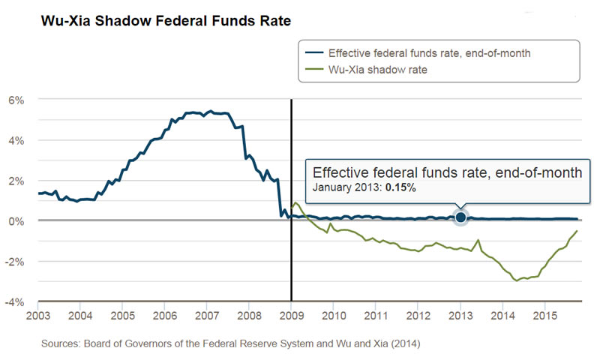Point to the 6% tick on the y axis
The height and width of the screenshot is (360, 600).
click(x=16, y=100)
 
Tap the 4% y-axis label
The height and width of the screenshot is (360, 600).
click(x=16, y=140)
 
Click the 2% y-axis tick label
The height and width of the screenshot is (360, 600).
click(x=16, y=181)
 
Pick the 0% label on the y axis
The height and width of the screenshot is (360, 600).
click(x=16, y=221)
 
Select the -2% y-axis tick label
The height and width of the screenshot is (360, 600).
click(x=15, y=262)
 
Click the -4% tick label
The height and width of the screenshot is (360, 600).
click(x=15, y=302)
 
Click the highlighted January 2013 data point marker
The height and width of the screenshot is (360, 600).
click(x=460, y=217)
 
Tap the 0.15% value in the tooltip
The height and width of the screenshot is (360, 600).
click(x=401, y=187)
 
